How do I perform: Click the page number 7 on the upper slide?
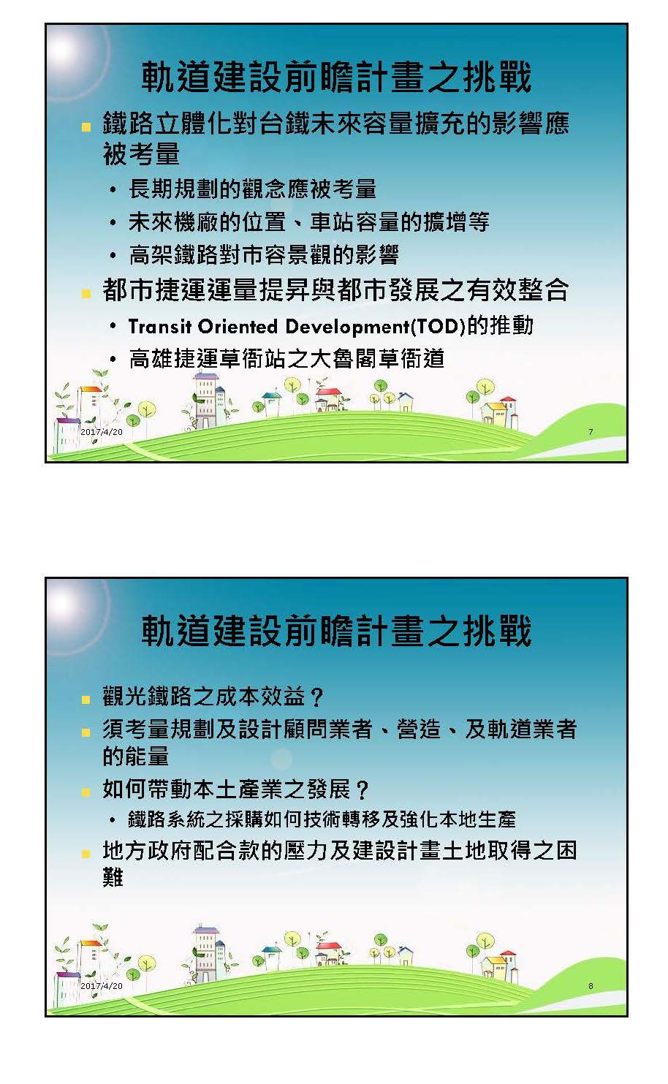tap(591, 432)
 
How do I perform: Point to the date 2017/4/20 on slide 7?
tap(102, 432)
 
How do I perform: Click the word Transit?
tap(160, 327)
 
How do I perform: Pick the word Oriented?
tap(238, 327)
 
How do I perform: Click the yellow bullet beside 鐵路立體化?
tap(86, 127)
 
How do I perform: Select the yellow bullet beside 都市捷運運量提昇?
tap(86, 294)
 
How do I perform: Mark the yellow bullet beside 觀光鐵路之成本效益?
tap(86, 700)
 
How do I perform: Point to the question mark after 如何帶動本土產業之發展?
tap(362, 789)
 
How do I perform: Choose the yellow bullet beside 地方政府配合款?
tap(86, 853)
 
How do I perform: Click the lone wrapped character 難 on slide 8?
tap(113, 876)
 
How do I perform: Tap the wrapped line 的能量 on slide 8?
tap(135, 755)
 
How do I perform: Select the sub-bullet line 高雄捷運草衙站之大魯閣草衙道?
tap(286, 359)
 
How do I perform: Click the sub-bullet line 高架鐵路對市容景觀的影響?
tap(264, 255)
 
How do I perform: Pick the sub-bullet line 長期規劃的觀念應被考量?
tap(252, 189)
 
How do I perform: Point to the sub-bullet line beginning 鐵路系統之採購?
tap(322, 819)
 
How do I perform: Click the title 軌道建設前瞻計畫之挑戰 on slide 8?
tap(336, 631)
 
